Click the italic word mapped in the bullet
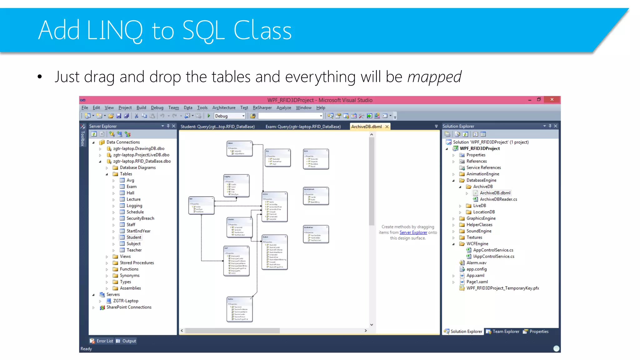pyautogui.click(x=434, y=77)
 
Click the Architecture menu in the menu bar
pyautogui.click(x=224, y=107)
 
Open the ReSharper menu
pyautogui.click(x=262, y=107)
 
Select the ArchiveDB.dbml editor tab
pyautogui.click(x=366, y=127)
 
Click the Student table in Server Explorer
pyautogui.click(x=134, y=237)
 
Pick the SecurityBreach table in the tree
pyautogui.click(x=140, y=218)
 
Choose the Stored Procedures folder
pyautogui.click(x=137, y=262)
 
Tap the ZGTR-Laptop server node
pyautogui.click(x=125, y=301)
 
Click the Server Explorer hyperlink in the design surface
pyautogui.click(x=413, y=232)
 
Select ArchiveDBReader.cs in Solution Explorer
pyautogui.click(x=498, y=199)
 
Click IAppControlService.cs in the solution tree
pyautogui.click(x=493, y=256)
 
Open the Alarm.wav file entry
pyautogui.click(x=476, y=262)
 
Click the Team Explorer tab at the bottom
pyautogui.click(x=506, y=331)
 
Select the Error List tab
pyautogui.click(x=104, y=341)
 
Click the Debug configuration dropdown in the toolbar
pyautogui.click(x=230, y=116)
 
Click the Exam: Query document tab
pyautogui.click(x=303, y=127)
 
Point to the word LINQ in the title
pyautogui.click(x=114, y=31)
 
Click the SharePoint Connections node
pyautogui.click(x=129, y=307)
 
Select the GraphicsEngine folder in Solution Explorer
pyautogui.click(x=481, y=218)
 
